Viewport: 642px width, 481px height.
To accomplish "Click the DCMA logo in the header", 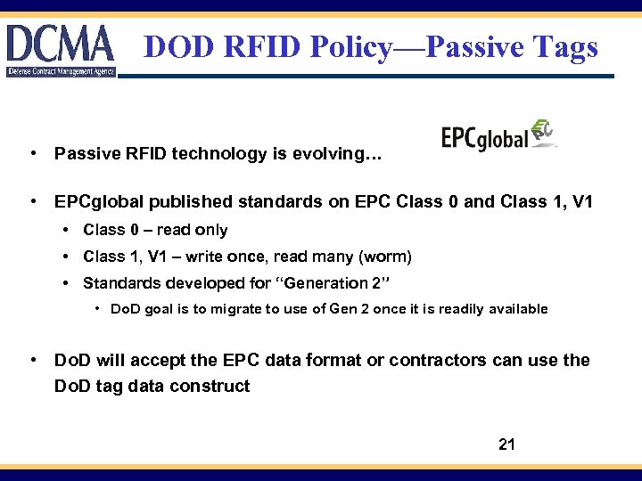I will (61, 50).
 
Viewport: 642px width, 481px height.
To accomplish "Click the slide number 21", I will (506, 444).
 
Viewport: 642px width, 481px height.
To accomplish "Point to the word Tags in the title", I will (565, 47).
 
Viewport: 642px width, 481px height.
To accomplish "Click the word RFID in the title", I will (259, 47).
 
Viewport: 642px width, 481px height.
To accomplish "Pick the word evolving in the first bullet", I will (342, 154).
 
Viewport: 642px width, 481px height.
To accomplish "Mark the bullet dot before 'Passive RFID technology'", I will (32, 154).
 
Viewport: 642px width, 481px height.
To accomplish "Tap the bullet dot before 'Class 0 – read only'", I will (67, 230).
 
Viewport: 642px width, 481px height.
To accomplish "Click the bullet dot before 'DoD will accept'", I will (32, 360).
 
